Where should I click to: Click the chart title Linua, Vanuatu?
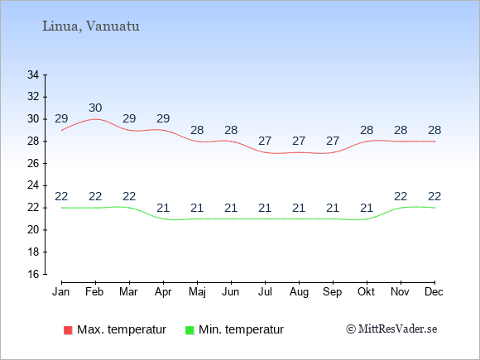91,26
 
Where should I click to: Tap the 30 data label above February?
95,108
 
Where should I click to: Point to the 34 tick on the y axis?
33,74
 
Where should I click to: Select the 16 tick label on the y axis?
33,274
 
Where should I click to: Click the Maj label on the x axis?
197,292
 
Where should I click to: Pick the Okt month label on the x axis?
366,292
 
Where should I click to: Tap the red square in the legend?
68,330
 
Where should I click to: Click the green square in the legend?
190,330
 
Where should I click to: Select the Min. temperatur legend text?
241,329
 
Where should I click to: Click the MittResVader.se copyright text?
391,329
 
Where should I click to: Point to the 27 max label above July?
265,141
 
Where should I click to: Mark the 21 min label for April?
163,209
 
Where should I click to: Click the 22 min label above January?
61,196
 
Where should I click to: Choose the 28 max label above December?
434,130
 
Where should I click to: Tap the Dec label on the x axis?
434,292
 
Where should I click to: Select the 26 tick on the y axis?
33,164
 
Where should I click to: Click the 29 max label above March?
129,118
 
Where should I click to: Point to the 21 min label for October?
367,209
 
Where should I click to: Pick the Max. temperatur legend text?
122,329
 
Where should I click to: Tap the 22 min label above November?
401,196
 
